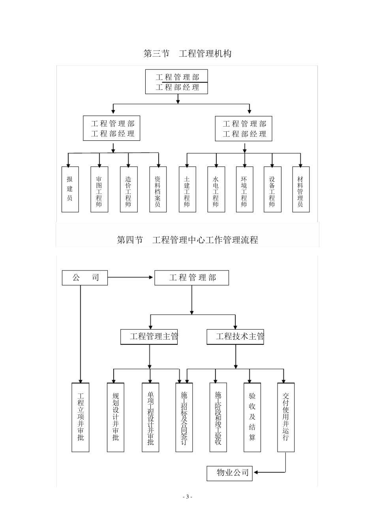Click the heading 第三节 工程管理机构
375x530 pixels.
tap(187, 54)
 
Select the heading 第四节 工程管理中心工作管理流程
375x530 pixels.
tap(187, 240)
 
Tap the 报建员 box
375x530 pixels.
tap(70, 189)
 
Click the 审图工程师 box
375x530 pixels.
tap(99, 189)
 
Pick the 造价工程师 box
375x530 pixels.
tap(129, 189)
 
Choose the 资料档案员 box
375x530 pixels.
tap(158, 189)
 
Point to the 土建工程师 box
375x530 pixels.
tap(187, 189)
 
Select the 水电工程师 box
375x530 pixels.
tap(216, 189)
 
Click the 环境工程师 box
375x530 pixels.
tap(244, 189)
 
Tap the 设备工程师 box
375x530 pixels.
tap(272, 189)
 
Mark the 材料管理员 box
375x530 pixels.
tap(301, 189)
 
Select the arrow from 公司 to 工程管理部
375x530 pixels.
tap(130, 278)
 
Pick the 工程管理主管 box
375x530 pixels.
tap(149, 337)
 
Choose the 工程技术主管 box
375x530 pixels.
tap(235, 337)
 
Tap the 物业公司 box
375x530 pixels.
tap(229, 473)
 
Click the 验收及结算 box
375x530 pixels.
tap(252, 417)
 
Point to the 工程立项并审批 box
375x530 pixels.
tap(81, 417)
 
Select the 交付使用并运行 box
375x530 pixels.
tap(286, 417)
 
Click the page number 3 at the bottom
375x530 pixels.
tap(187, 497)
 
